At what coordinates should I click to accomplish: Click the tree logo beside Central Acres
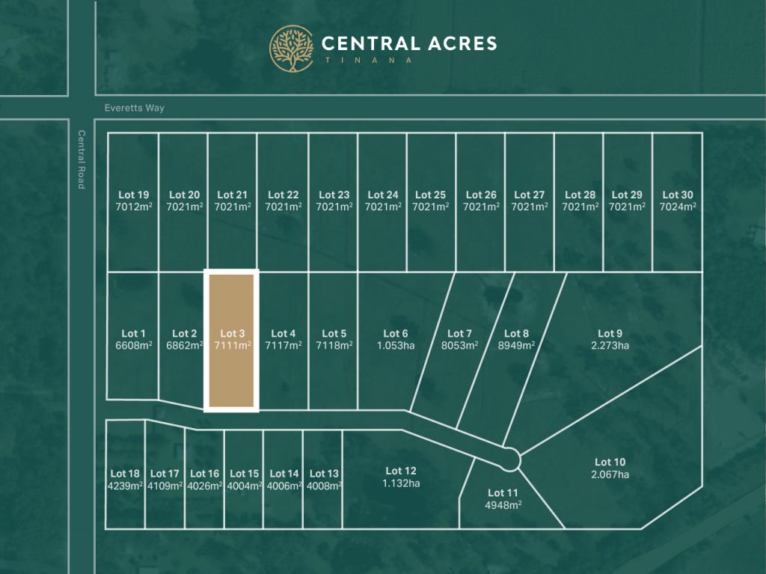coord(292,49)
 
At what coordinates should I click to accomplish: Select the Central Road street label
coord(82,159)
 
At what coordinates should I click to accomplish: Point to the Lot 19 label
coord(133,195)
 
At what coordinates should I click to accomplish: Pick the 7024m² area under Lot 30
coord(678,207)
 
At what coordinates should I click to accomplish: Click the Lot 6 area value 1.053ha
coord(395,346)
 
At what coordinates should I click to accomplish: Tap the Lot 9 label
coord(610,333)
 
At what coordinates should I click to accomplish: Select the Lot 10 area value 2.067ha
coord(610,474)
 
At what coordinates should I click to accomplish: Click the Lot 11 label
coord(503,492)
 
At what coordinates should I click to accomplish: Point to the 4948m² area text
coord(503,504)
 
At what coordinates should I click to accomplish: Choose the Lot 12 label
coord(401,471)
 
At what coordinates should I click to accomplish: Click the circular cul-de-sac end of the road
coord(511,458)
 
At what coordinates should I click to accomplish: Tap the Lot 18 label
coord(125,473)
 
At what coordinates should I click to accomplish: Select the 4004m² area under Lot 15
coord(244,486)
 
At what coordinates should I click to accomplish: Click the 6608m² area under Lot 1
coord(133,346)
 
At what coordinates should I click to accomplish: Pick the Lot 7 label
coord(459,333)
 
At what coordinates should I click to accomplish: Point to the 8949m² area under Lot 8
coord(516,346)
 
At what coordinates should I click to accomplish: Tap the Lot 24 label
coord(382,195)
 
